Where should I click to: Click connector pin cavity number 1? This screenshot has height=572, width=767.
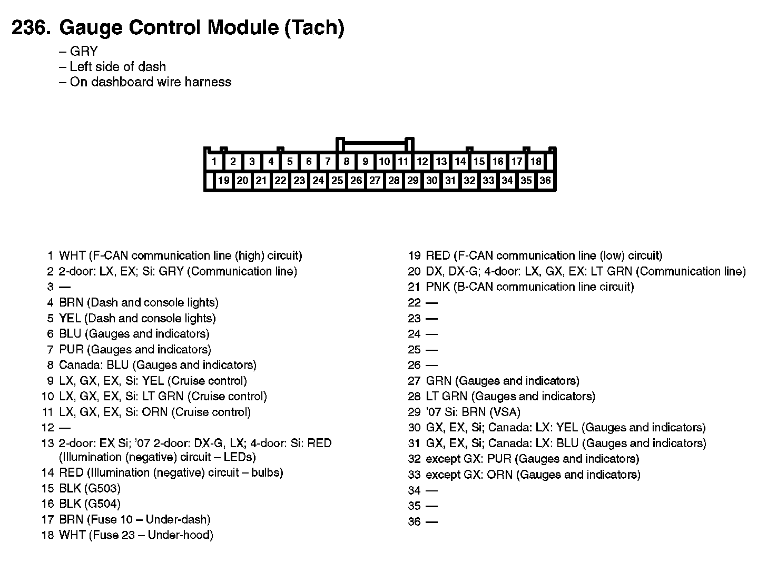coord(214,161)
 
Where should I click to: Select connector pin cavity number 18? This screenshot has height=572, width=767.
coord(536,161)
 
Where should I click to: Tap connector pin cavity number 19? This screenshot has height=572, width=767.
coord(223,181)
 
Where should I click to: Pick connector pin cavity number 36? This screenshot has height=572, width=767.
coord(545,181)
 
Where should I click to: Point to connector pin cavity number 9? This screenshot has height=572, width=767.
coord(365,161)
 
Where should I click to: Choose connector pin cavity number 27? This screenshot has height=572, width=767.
coord(375,181)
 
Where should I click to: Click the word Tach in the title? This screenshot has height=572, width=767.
coord(314,27)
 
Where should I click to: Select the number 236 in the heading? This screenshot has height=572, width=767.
coord(31,27)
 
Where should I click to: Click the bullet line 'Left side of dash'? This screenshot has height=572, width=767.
coord(117,66)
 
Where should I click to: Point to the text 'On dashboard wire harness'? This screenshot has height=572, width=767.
coord(150,82)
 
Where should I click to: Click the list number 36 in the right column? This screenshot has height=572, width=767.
coord(414,522)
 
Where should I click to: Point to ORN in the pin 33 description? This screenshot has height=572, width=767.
coord(499,475)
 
